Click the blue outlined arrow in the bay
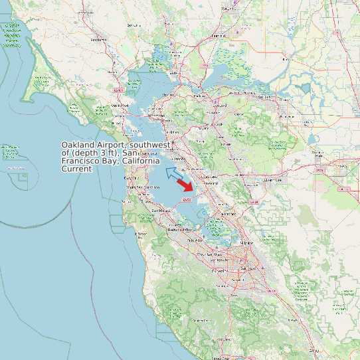click(173, 173)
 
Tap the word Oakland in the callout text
click(79, 145)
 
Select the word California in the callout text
click(138, 161)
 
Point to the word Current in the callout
click(77, 169)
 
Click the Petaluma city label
click(99, 39)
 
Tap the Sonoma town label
click(135, 25)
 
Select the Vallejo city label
click(174, 72)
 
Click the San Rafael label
click(120, 105)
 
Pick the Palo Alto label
click(195, 240)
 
